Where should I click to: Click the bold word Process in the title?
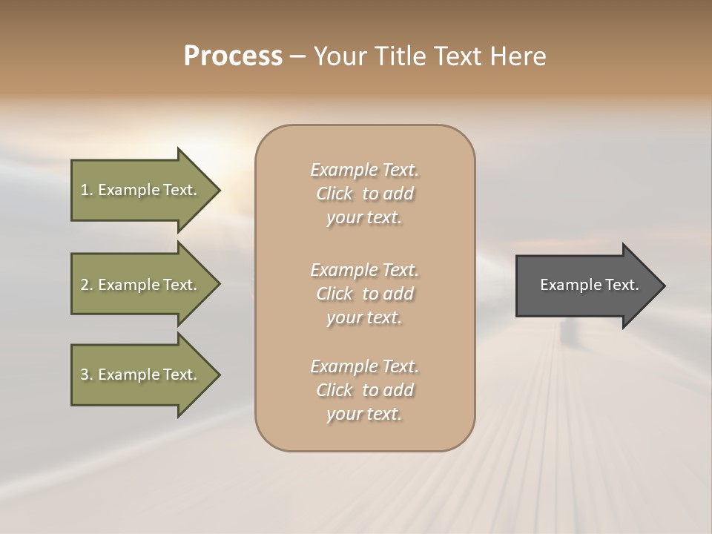pyautogui.click(x=233, y=56)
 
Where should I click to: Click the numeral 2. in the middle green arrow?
pyautogui.click(x=86, y=285)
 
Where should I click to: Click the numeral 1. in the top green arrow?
pyautogui.click(x=86, y=190)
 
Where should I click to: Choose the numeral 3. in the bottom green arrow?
pyautogui.click(x=86, y=375)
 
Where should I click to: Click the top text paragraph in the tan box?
pyautogui.click(x=364, y=194)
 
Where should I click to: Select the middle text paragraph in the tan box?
pyautogui.click(x=364, y=294)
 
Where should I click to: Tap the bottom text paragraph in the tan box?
pyautogui.click(x=364, y=390)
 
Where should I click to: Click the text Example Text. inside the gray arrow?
pyautogui.click(x=590, y=285)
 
